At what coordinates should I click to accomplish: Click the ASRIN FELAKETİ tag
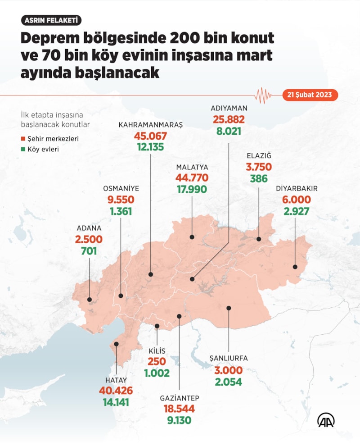click(x=51, y=20)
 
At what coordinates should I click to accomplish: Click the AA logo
click(x=326, y=420)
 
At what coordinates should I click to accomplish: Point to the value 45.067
click(x=150, y=136)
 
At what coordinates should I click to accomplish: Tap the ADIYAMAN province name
click(x=229, y=109)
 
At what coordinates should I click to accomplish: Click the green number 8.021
click(x=229, y=132)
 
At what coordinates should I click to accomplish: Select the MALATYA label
click(x=192, y=167)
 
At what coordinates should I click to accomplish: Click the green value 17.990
click(x=192, y=190)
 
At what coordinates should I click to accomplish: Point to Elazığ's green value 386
click(x=259, y=178)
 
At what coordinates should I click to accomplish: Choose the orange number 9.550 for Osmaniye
click(x=121, y=200)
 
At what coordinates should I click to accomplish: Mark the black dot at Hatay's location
click(x=117, y=344)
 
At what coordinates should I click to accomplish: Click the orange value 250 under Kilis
click(x=157, y=362)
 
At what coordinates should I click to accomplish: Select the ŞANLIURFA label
click(x=229, y=359)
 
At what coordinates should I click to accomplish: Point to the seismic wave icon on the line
click(x=263, y=95)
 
